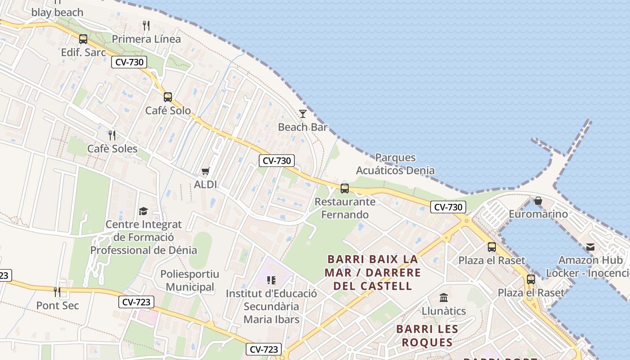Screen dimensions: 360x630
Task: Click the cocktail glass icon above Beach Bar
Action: [x=303, y=113]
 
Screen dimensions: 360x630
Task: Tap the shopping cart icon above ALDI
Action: [x=206, y=171]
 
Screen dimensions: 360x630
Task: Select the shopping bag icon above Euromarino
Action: [x=538, y=201]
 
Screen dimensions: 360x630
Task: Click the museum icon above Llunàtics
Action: [x=444, y=297]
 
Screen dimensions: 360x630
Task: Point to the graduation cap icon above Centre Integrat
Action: [x=143, y=211]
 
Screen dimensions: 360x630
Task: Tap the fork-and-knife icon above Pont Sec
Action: [x=57, y=292]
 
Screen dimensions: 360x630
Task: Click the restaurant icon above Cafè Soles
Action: [x=112, y=135]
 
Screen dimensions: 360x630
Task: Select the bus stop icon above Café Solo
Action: [x=168, y=97]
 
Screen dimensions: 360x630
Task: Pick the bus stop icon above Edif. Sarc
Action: [x=83, y=39]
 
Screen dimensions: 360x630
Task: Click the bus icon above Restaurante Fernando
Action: [x=345, y=188]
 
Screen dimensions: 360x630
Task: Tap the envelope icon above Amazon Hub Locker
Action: [x=590, y=247]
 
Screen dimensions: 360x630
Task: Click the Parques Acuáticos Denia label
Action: [x=395, y=164]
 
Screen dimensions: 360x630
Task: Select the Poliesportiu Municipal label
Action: [x=189, y=280]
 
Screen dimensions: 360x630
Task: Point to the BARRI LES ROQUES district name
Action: [x=427, y=335]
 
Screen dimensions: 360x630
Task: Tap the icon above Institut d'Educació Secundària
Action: [x=271, y=280]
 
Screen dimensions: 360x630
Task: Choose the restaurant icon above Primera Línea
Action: [x=146, y=25]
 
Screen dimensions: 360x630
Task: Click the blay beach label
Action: [x=57, y=12]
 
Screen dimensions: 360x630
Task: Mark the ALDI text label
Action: [x=205, y=184]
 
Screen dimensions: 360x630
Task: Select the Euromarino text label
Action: [x=538, y=214]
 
